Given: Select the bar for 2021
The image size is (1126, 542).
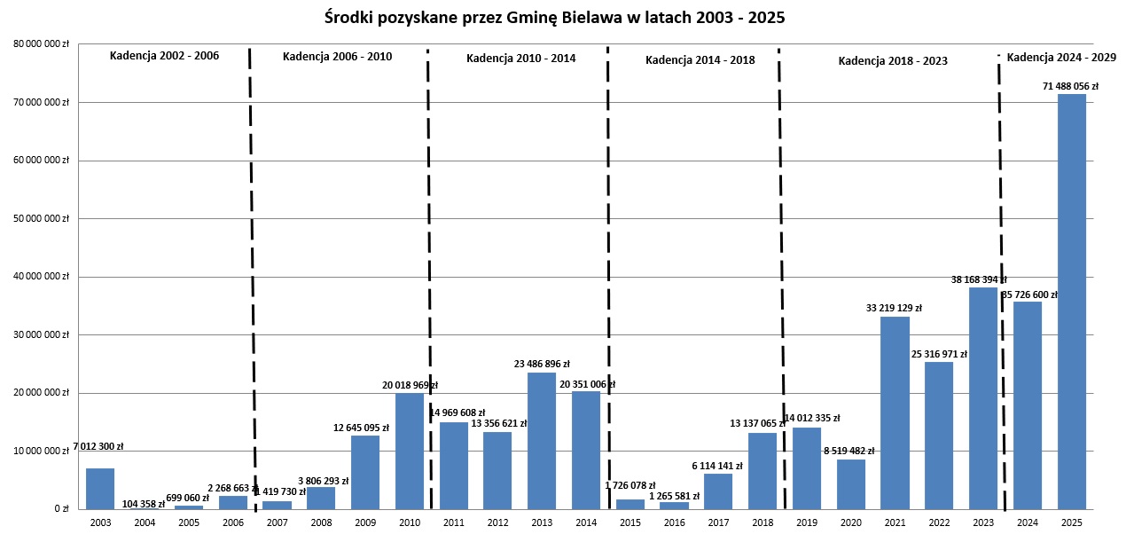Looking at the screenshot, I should pyautogui.click(x=895, y=412).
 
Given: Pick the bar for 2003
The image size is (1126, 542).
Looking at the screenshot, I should pyautogui.click(x=100, y=489).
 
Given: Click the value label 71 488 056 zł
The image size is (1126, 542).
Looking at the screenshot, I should pyautogui.click(x=1070, y=87).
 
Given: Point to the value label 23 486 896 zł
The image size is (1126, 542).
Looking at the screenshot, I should pyautogui.click(x=541, y=364).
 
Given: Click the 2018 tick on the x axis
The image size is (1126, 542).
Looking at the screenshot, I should pyautogui.click(x=762, y=523).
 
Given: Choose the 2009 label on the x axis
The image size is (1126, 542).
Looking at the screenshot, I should pyautogui.click(x=365, y=523).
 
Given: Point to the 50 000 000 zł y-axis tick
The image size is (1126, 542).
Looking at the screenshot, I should pyautogui.click(x=41, y=218).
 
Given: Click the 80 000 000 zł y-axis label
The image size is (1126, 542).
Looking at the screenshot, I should pyautogui.click(x=41, y=43).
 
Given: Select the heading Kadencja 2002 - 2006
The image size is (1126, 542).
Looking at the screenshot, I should pyautogui.click(x=164, y=56).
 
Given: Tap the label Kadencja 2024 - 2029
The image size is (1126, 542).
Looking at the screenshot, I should pyautogui.click(x=1061, y=58).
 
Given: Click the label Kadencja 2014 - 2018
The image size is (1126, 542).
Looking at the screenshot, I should pyautogui.click(x=700, y=60).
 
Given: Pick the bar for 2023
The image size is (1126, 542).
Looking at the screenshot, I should pyautogui.click(x=983, y=398).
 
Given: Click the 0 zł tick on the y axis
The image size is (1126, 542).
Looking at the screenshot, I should pyautogui.click(x=61, y=509).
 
